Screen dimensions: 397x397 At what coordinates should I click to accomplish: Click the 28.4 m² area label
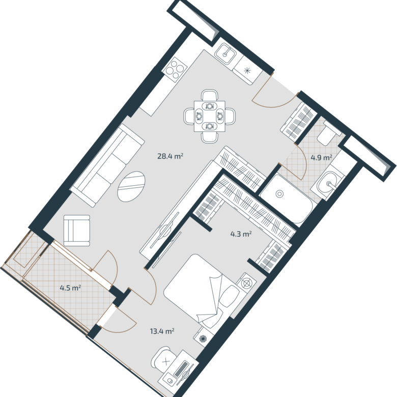point(170,156)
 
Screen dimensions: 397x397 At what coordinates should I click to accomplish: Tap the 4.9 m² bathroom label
point(321,158)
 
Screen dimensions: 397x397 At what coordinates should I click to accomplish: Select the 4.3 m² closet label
point(241,234)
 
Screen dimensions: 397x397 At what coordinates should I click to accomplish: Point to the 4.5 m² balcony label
point(70,288)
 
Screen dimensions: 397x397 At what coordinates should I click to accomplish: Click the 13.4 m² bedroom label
point(162,331)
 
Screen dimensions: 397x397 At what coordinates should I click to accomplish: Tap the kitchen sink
point(225,53)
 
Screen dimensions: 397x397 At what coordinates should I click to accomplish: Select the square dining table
point(210,116)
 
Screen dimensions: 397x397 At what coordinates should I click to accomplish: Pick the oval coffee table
point(131,187)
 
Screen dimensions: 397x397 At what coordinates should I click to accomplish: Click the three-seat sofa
point(107,165)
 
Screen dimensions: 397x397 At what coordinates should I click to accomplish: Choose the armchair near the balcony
point(77,231)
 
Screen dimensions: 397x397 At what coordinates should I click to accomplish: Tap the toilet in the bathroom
point(328,133)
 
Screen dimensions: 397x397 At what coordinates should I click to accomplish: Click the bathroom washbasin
point(327,183)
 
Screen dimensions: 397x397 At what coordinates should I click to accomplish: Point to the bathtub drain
point(279,194)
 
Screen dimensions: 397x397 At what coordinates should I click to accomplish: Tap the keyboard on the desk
point(181,370)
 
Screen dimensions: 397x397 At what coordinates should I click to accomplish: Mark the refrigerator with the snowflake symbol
point(248,70)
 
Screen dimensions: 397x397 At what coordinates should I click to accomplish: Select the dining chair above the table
point(210,95)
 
